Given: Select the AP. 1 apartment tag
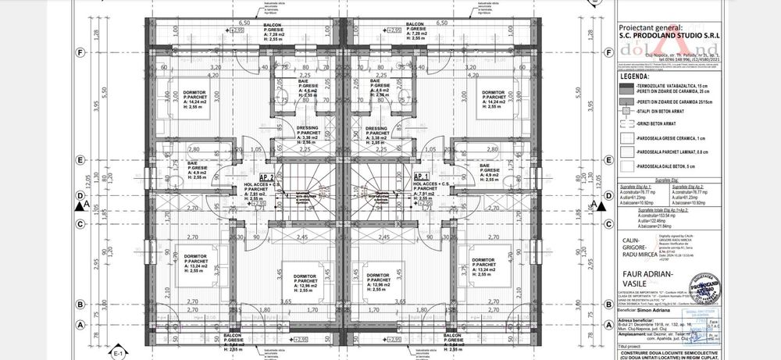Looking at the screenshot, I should (x=423, y=176).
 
